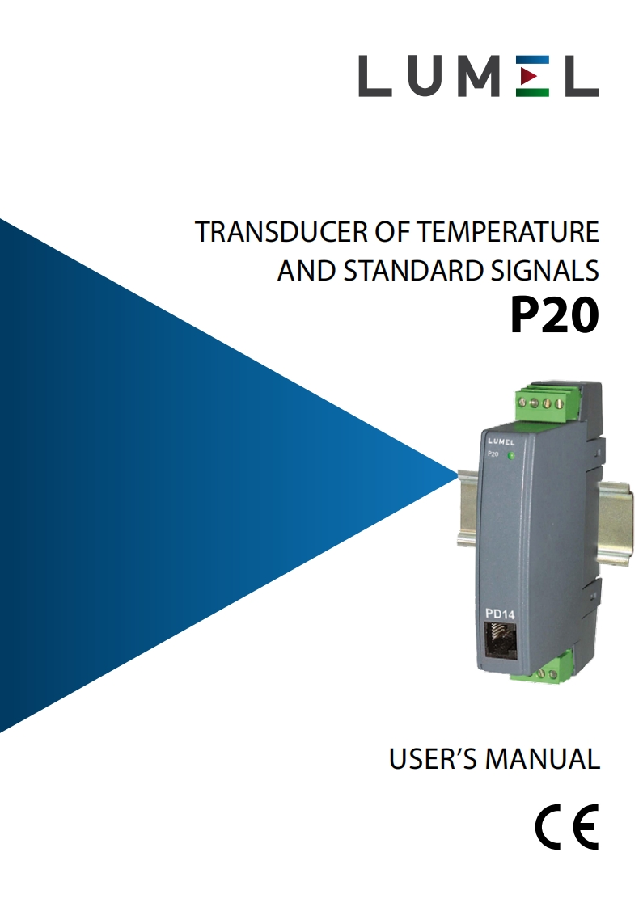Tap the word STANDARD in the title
pyautogui.click(x=412, y=271)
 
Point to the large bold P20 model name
pyautogui.click(x=555, y=316)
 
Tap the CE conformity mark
pyautogui.click(x=566, y=827)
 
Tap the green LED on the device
pyautogui.click(x=511, y=457)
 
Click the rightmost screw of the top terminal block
pyautogui.click(x=560, y=402)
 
